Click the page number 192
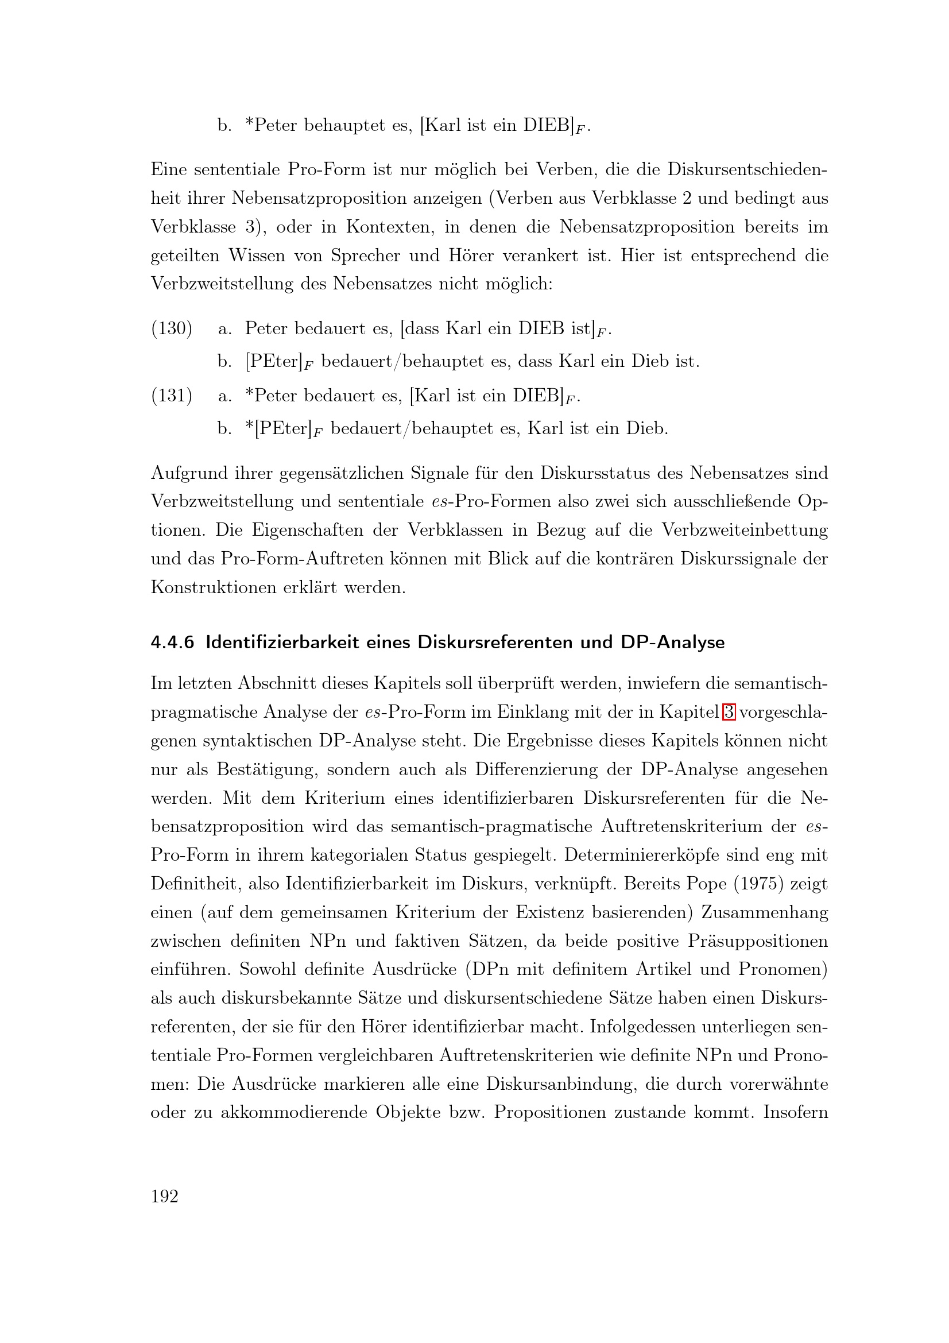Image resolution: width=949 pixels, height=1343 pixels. click(x=164, y=1196)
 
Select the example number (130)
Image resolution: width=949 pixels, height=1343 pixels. click(x=171, y=328)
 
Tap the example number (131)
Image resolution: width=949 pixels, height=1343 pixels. click(x=171, y=396)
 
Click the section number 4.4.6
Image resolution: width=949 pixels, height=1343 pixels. click(x=172, y=643)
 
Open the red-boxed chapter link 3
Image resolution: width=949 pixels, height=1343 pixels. click(x=729, y=712)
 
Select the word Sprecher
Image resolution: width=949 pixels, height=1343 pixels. click(x=365, y=256)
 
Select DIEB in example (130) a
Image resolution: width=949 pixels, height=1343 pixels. click(x=541, y=328)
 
